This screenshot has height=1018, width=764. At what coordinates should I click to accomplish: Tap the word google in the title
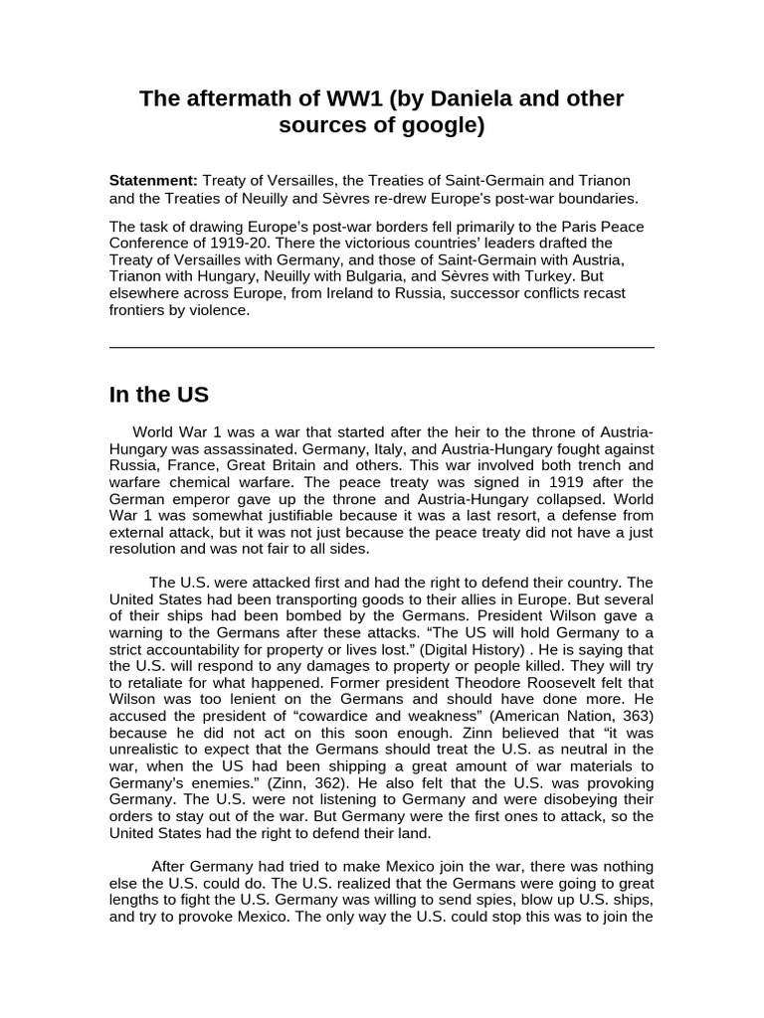[413, 126]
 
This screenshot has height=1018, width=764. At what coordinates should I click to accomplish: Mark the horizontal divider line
[382, 348]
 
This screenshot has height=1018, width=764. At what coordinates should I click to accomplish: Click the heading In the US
[159, 395]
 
